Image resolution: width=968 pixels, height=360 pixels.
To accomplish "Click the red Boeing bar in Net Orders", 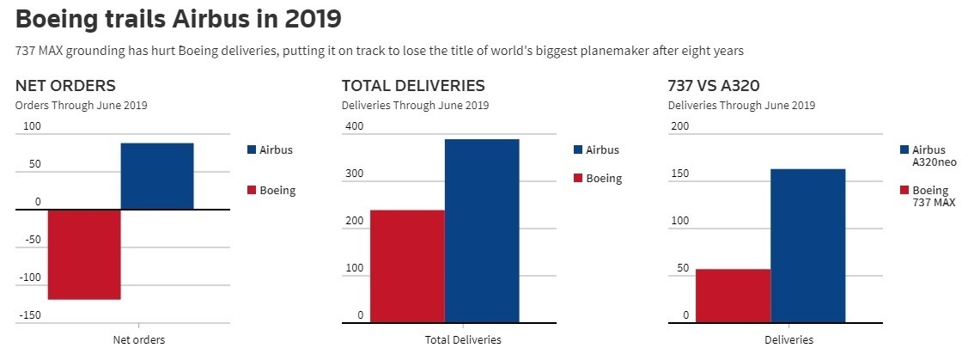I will [x=84, y=254].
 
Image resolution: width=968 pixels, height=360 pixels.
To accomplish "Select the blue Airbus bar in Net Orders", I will [x=157, y=176].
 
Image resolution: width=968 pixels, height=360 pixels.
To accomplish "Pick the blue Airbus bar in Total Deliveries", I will [x=482, y=231].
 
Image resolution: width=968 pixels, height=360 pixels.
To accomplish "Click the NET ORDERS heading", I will [x=66, y=86].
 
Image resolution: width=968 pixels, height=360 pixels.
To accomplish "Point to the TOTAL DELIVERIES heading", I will [x=413, y=86].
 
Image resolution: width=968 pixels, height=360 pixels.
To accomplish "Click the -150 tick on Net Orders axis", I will [x=29, y=315].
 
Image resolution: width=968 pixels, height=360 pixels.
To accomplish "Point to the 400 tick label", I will [x=354, y=127].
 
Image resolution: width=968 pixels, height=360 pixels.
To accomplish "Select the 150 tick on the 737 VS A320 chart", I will [x=679, y=174].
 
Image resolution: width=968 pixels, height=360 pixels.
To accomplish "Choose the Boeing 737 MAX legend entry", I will [x=928, y=196].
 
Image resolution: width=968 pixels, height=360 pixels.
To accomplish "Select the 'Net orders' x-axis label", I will [x=138, y=339].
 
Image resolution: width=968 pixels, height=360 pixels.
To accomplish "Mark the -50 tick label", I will [x=32, y=240].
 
